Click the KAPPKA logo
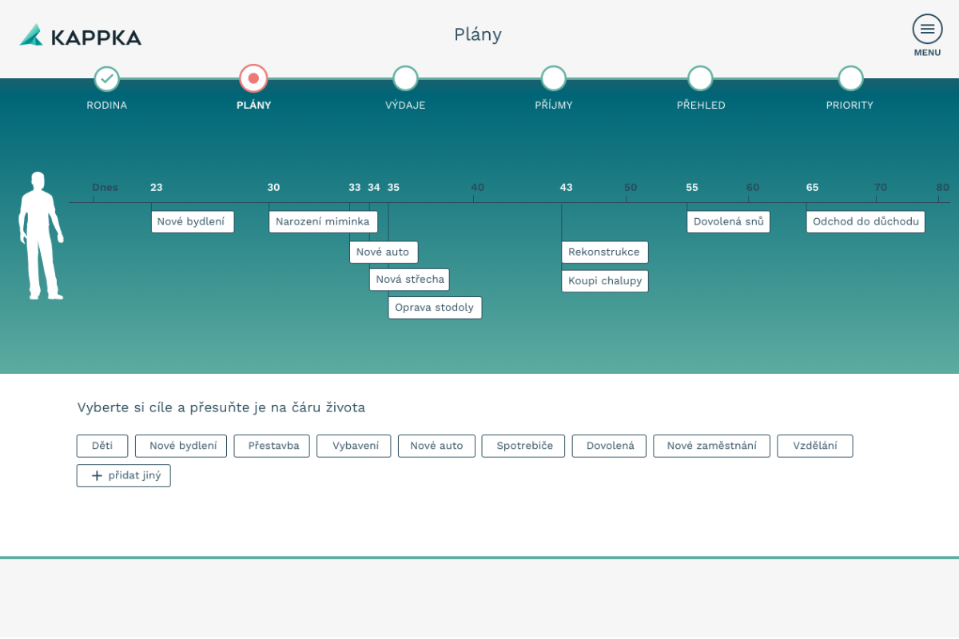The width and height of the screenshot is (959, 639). [81, 35]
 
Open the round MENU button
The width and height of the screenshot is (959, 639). [927, 29]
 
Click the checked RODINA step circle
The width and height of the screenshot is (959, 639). [106, 79]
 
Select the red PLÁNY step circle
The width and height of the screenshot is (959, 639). [253, 78]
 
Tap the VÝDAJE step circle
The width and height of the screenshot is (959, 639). [405, 78]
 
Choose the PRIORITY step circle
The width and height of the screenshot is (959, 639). [850, 78]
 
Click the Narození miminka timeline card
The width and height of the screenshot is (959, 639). [323, 222]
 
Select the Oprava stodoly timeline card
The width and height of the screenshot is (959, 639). [435, 308]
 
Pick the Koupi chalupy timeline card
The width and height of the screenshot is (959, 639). [605, 281]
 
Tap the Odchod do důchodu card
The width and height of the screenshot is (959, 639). [865, 222]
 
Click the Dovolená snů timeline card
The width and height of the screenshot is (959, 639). [728, 222]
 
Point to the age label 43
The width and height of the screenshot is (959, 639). [566, 188]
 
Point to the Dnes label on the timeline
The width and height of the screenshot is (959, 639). [105, 188]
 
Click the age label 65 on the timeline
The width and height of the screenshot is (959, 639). [812, 188]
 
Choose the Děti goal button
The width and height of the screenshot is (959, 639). [102, 446]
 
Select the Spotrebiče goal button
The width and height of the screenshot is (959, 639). [523, 446]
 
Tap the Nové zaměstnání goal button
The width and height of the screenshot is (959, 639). [711, 446]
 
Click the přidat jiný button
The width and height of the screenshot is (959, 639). [124, 476]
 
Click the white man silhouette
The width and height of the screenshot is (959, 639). [41, 236]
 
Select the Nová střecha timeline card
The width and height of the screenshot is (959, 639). [409, 280]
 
